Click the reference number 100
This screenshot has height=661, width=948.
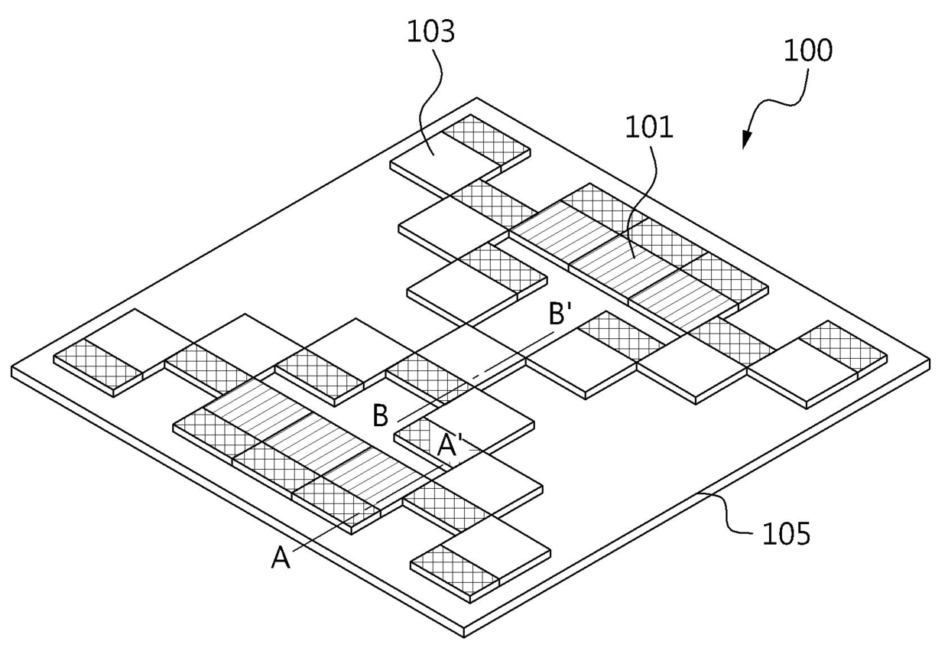click(808, 50)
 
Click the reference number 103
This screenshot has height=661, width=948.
click(431, 32)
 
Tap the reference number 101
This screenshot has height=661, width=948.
click(649, 127)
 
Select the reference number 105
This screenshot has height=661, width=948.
click(787, 533)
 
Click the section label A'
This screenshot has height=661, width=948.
click(448, 445)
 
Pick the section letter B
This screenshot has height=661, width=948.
click(380, 415)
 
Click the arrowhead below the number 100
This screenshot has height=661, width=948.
click(747, 140)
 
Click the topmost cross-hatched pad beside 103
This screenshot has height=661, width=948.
click(486, 140)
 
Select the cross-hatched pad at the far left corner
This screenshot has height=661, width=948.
click(98, 363)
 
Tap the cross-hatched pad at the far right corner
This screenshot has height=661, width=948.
click(843, 347)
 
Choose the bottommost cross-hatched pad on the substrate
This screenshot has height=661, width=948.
click(455, 569)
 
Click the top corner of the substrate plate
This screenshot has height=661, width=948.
click(477, 98)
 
